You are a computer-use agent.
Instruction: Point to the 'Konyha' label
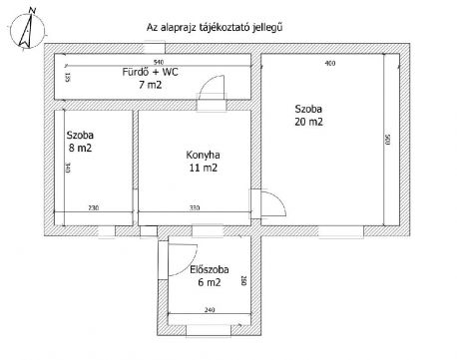[x=202, y=155]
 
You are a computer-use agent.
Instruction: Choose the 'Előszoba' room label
[x=209, y=269]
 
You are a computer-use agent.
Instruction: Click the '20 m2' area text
[x=308, y=123]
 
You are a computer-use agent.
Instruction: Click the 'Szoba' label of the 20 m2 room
[x=307, y=109]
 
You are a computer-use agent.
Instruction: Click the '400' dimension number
[x=329, y=65]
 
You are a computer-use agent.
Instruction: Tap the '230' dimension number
[x=92, y=207]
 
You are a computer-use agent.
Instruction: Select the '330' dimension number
[x=196, y=207]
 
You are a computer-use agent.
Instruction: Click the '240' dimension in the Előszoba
[x=209, y=311]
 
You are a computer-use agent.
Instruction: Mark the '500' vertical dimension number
[x=386, y=141]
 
